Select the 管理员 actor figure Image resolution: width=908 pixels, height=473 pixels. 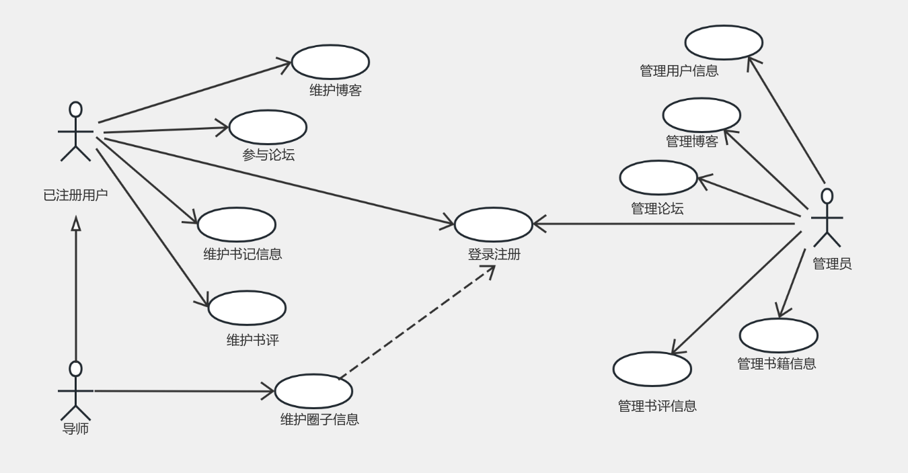pyautogui.click(x=827, y=218)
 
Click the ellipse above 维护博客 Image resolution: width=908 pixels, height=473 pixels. pyautogui.click(x=330, y=62)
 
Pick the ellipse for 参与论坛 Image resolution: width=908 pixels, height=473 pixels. pyautogui.click(x=268, y=127)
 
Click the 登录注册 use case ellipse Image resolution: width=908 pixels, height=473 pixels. pyautogui.click(x=494, y=224)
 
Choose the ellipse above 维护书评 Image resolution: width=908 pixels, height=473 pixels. pyautogui.click(x=247, y=308)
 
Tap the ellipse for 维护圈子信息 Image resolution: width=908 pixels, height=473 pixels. pyautogui.click(x=313, y=391)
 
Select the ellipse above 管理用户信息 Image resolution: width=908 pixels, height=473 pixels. pyautogui.click(x=724, y=42)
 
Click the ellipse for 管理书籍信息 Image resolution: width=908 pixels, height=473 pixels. pyautogui.click(x=778, y=335)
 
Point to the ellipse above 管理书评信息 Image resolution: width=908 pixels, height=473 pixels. pyautogui.click(x=652, y=369)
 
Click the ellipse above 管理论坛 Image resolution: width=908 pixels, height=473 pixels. pyautogui.click(x=658, y=177)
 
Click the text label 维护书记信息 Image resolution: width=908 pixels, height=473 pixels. pyautogui.click(x=242, y=254)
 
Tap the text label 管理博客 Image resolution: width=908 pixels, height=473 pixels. pyautogui.click(x=692, y=141)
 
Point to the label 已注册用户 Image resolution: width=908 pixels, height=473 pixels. pyautogui.click(x=75, y=196)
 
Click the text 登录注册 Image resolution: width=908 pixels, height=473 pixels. pyautogui.click(x=494, y=255)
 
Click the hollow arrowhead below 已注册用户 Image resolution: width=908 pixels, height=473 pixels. pyautogui.click(x=76, y=224)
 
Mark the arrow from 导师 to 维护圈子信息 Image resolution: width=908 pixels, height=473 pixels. pyautogui.click(x=182, y=390)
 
